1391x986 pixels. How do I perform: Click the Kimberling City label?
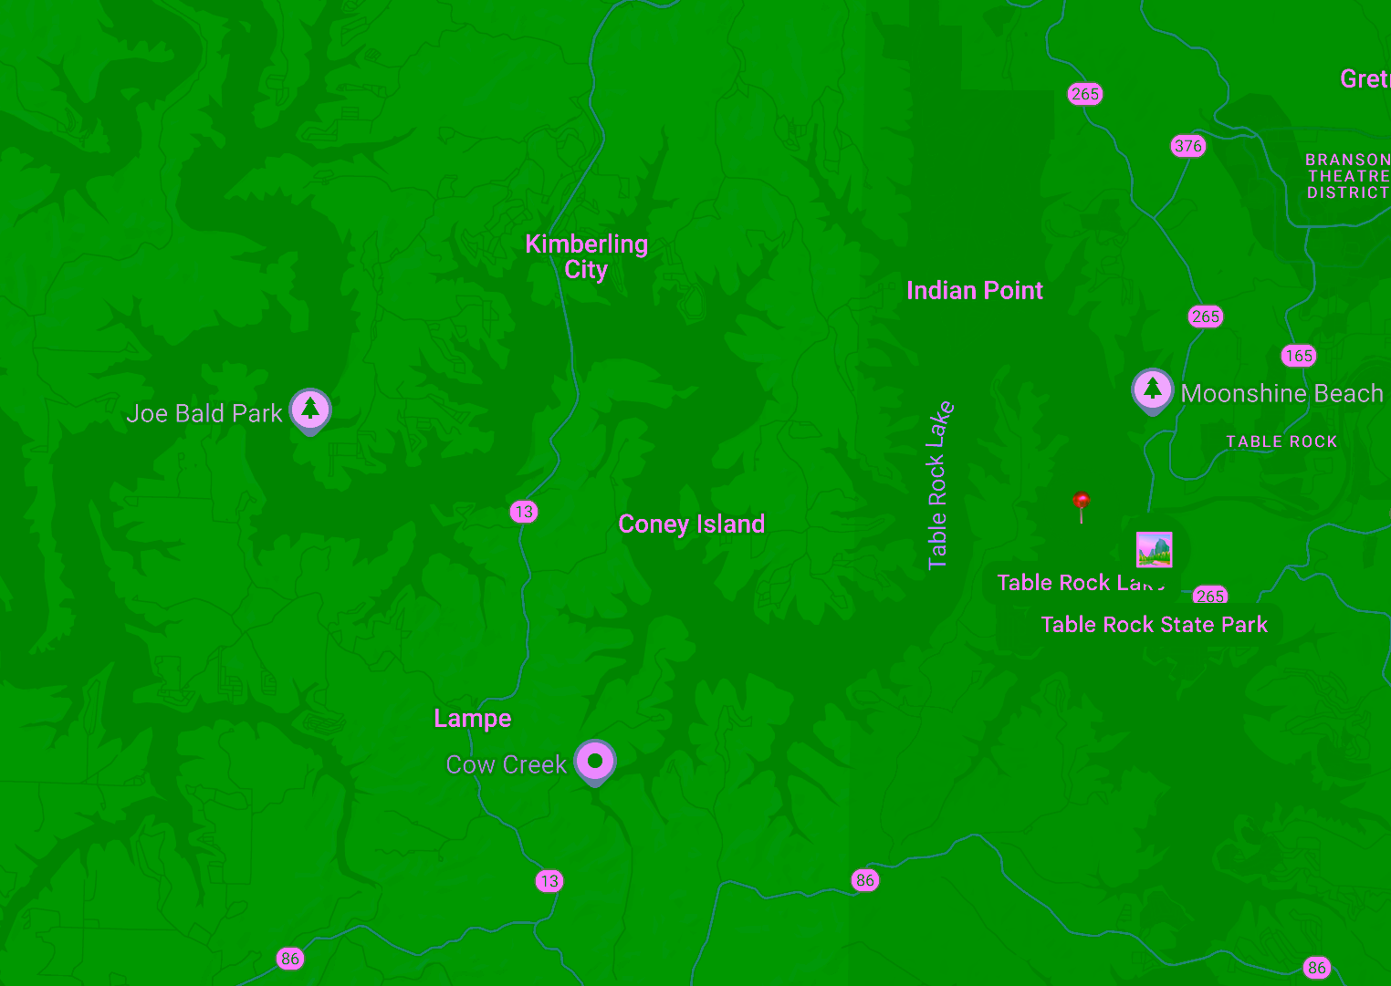pyautogui.click(x=586, y=256)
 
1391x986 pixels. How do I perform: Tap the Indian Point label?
pyautogui.click(x=974, y=290)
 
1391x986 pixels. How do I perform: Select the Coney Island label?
pyautogui.click(x=691, y=524)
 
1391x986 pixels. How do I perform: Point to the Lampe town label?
pyautogui.click(x=472, y=718)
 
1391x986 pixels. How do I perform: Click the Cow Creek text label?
pyautogui.click(x=506, y=764)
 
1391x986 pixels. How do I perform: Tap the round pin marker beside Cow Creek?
pyautogui.click(x=595, y=761)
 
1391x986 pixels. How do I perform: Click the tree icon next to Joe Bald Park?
pyautogui.click(x=310, y=410)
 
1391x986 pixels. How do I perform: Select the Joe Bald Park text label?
pyautogui.click(x=204, y=413)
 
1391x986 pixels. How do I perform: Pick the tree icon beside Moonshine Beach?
pyautogui.click(x=1152, y=389)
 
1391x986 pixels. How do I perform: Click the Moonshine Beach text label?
pyautogui.click(x=1281, y=393)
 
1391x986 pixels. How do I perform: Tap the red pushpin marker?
pyautogui.click(x=1082, y=503)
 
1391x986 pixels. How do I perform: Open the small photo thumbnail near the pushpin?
pyautogui.click(x=1154, y=550)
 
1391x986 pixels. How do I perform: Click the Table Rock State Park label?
pyautogui.click(x=1154, y=625)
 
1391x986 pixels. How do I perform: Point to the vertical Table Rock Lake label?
pyautogui.click(x=938, y=485)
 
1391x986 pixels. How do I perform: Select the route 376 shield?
pyautogui.click(x=1187, y=146)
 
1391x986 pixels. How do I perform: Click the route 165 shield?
pyautogui.click(x=1298, y=356)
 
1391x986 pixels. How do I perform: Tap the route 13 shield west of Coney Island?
pyautogui.click(x=524, y=512)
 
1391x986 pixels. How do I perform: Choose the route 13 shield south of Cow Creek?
pyautogui.click(x=549, y=881)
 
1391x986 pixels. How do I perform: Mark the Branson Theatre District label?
pyautogui.click(x=1347, y=176)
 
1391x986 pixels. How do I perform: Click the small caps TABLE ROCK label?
pyautogui.click(x=1281, y=441)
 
